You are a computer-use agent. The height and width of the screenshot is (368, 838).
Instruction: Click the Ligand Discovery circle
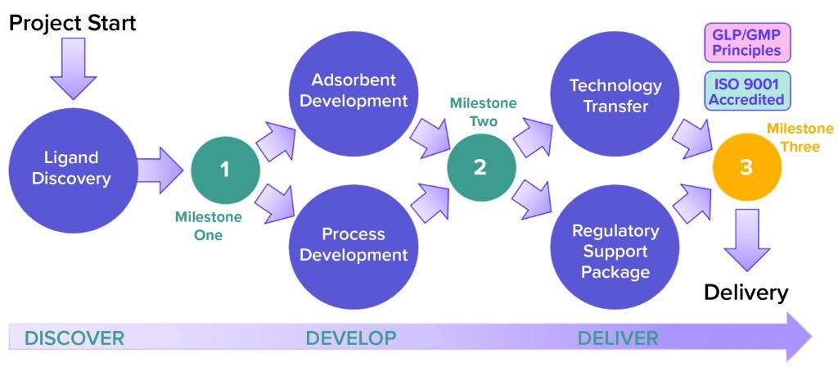pos(70,167)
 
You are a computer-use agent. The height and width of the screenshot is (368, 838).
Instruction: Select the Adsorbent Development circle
pos(353,91)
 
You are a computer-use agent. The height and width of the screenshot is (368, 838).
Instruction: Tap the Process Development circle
pos(353,243)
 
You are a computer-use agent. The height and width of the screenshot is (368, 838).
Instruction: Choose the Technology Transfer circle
pos(615,96)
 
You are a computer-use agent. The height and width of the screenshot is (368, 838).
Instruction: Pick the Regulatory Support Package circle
pos(615,249)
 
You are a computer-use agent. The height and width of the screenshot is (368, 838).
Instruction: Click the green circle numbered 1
pos(225,169)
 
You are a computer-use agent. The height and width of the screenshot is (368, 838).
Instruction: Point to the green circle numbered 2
pos(481,166)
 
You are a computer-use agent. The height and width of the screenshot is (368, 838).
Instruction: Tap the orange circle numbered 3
pos(746,167)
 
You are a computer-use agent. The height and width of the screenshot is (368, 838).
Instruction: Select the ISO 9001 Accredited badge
pos(746,91)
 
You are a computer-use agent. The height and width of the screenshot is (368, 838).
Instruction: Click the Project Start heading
pos(72,23)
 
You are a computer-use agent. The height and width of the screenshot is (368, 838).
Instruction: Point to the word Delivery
pos(746,293)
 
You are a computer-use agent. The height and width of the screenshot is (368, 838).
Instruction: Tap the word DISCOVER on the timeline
pos(74,338)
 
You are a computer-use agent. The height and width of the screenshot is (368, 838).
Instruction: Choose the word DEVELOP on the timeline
pos(350,338)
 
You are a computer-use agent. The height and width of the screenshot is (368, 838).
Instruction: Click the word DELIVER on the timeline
pos(617,338)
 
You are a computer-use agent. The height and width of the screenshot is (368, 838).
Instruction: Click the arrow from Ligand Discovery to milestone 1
pos(160,169)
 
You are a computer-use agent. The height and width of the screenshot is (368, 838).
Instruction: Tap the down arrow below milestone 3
pos(746,238)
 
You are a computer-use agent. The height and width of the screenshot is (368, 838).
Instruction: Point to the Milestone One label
pos(208,225)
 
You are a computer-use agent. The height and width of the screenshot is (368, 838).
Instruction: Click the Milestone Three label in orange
pos(800,137)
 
